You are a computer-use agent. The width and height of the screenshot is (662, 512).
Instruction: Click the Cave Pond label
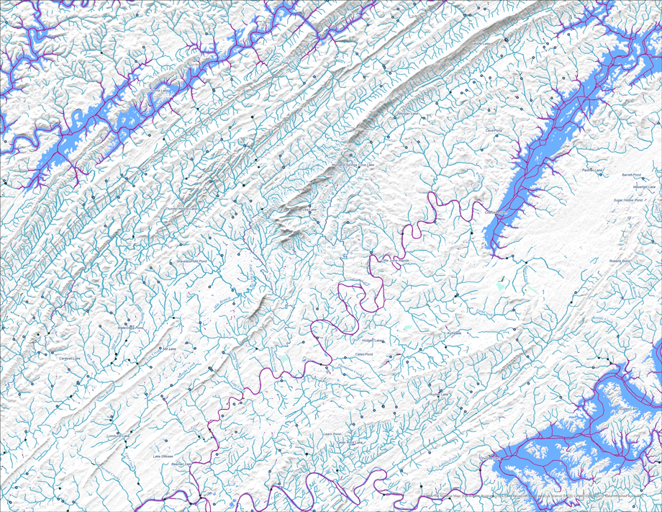(x=493, y=130)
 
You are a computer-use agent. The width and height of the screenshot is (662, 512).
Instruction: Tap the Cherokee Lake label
(x=492, y=213)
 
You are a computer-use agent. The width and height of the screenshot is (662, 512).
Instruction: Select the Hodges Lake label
(x=372, y=341)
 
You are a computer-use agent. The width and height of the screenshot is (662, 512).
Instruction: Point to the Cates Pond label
(x=364, y=354)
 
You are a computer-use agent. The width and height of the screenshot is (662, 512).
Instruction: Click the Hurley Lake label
(x=437, y=395)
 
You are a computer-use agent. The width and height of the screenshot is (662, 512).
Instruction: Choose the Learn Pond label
(x=331, y=434)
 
